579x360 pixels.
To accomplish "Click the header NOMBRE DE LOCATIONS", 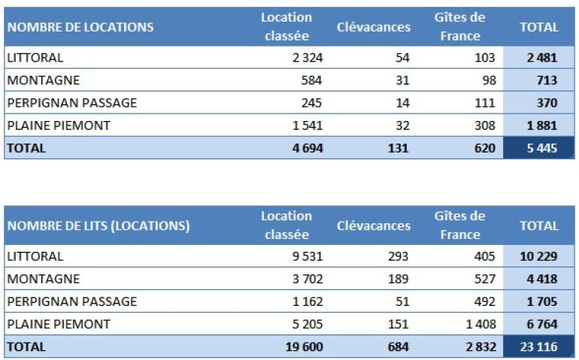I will tap(80, 28).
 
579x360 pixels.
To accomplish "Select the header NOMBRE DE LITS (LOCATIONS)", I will tap(98, 225).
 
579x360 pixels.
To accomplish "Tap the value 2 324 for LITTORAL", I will tap(307, 58).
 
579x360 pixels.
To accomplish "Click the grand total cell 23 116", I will tap(538, 346).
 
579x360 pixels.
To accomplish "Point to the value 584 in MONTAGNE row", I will tap(312, 80).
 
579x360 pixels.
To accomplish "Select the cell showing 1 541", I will tap(307, 126).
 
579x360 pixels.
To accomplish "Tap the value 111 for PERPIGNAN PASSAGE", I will tap(485, 103).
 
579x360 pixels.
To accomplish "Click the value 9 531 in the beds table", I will tap(307, 256).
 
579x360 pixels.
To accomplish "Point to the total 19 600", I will tap(304, 346).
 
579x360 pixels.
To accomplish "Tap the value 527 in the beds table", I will tap(485, 279).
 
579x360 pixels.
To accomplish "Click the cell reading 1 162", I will tap(307, 301).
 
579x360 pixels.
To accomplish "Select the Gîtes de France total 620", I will tap(485, 148).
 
